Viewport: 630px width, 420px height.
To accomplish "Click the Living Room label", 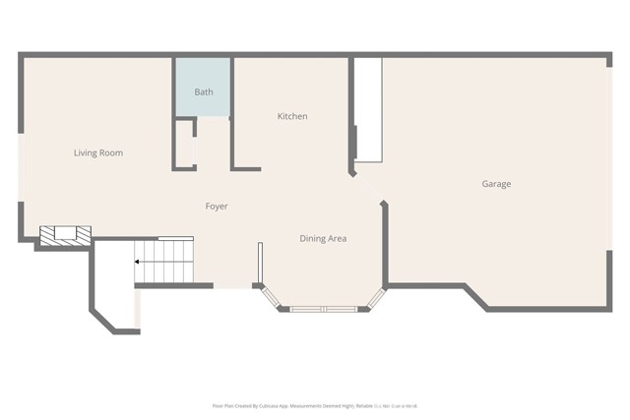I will click(x=98, y=153).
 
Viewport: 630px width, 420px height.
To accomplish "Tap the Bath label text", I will click(x=204, y=92).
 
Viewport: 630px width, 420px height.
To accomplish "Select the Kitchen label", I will click(x=292, y=117).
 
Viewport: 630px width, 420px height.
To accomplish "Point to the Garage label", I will click(x=496, y=184).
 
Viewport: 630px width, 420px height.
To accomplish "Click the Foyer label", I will click(x=217, y=207).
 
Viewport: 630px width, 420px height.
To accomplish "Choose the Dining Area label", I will click(x=323, y=239).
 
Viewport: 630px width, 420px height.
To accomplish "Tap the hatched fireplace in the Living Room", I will click(x=65, y=234).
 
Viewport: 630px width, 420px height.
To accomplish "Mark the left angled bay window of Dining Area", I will click(x=272, y=297).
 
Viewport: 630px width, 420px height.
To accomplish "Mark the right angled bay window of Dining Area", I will click(x=375, y=297).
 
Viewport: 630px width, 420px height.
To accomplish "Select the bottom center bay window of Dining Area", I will click(x=323, y=309).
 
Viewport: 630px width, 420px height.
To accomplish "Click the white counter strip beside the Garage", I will click(x=368, y=108).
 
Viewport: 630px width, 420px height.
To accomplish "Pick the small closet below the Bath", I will click(x=185, y=144).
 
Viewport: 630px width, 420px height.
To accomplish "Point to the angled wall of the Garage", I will click(x=475, y=297).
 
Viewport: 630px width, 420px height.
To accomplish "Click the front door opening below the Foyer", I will click(x=233, y=286).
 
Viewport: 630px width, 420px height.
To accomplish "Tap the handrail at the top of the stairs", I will click(x=176, y=237).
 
